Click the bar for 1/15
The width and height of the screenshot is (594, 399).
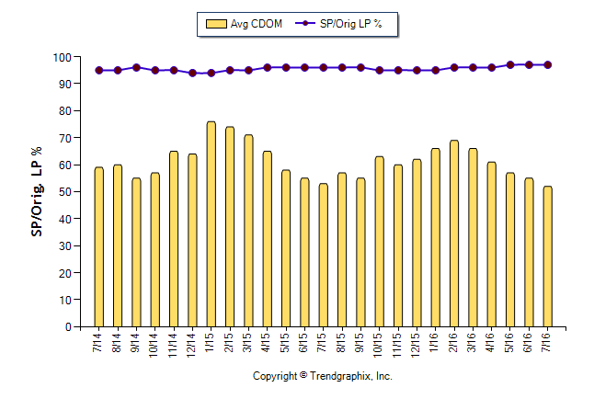211,224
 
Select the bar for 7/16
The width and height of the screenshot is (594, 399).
548,256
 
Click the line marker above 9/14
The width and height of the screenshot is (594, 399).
136,68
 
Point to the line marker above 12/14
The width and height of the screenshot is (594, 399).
192,73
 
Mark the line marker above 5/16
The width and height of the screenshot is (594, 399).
510,65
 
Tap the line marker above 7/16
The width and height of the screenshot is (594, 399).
548,65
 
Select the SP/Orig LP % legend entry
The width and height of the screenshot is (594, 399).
346,24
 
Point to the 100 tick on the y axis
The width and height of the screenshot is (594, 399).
63,57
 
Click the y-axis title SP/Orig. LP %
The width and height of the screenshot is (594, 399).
37,191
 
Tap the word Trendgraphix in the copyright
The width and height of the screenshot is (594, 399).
340,377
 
